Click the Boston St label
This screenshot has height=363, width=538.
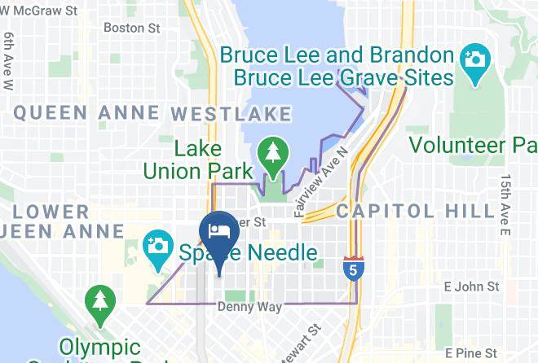click(x=131, y=28)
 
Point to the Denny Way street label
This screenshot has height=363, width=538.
click(x=249, y=307)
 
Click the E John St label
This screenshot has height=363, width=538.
click(x=470, y=286)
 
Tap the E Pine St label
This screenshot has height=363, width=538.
click(x=471, y=353)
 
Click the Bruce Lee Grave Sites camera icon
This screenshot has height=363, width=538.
click(x=472, y=59)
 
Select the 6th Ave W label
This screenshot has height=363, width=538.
click(x=9, y=61)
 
